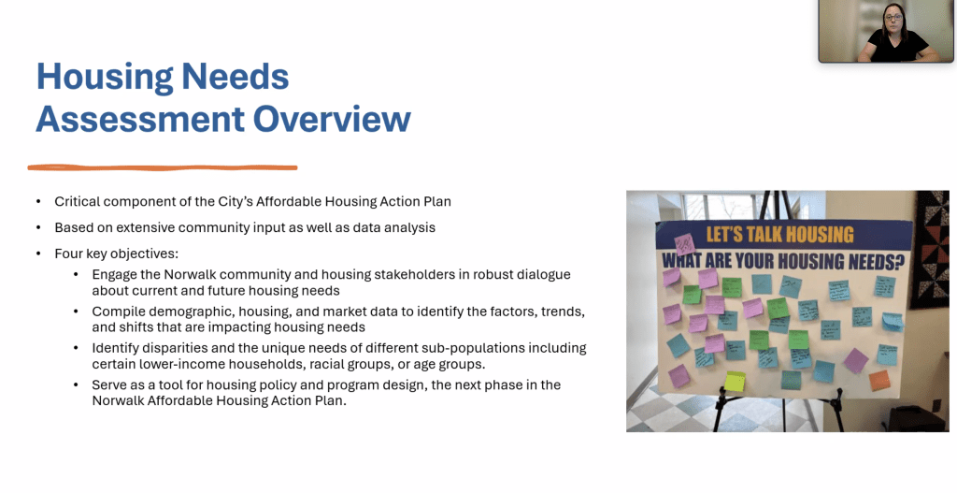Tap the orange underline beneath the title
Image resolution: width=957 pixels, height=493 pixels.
(x=163, y=168)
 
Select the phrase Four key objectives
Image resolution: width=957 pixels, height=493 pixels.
(x=116, y=254)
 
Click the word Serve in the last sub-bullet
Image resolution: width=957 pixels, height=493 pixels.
(x=109, y=384)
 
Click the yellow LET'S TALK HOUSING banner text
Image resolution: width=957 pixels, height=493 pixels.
(x=779, y=235)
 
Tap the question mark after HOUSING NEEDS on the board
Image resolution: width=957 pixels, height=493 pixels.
(x=900, y=261)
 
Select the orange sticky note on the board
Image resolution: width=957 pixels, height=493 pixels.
(x=879, y=381)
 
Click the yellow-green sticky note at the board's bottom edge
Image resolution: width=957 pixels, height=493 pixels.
(x=736, y=382)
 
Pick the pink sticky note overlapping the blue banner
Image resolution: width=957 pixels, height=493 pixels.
(x=683, y=243)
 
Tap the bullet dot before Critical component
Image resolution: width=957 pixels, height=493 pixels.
(x=38, y=202)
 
